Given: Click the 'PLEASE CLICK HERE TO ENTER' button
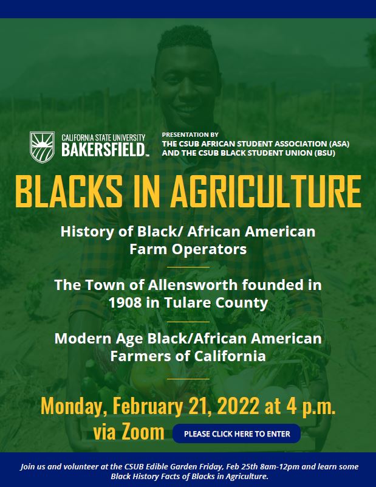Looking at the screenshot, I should pos(236,433).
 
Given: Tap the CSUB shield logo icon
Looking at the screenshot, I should pos(43,146).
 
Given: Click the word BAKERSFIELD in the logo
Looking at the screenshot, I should pos(103,150).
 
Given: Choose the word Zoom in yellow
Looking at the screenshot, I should pos(143,432).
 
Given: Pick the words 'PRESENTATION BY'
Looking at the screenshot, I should pos(190,134).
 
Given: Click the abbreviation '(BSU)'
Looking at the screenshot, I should pos(321,153).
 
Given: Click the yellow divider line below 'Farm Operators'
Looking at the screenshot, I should pos(188,266).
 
